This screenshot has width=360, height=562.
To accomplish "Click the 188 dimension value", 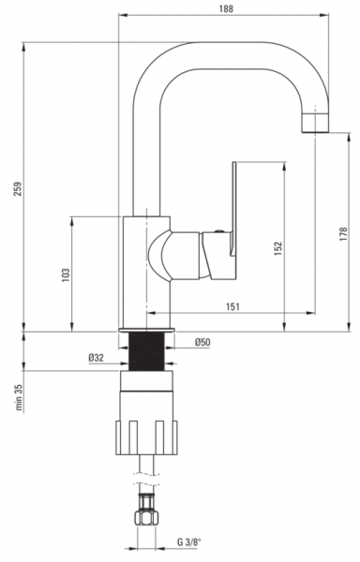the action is click(x=226, y=8).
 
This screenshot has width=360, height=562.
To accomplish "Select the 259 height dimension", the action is click(x=18, y=189).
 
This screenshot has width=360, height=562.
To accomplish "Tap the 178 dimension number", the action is click(x=343, y=234).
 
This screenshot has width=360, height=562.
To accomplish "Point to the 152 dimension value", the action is click(x=278, y=249).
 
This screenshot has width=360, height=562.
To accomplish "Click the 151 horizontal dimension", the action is click(x=232, y=307).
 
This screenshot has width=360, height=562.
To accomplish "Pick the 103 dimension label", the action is click(x=66, y=274).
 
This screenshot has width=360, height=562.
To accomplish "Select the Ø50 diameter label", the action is click(x=202, y=342).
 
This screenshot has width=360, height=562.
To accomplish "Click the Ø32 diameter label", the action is click(x=97, y=358).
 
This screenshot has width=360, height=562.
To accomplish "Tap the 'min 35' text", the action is click(x=19, y=397).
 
